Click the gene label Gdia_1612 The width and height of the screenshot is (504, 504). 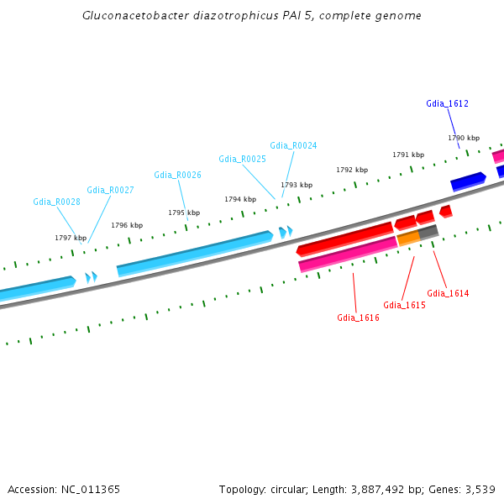tap(447, 103)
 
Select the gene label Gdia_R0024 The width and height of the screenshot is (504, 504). tap(293, 145)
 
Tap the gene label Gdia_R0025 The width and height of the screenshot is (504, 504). tap(242, 159)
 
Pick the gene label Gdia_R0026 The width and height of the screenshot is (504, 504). tap(177, 175)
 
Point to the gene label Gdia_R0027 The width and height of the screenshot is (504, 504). tap(110, 190)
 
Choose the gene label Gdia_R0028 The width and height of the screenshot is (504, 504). tap(56, 202)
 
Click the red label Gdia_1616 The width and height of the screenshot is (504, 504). tap(358, 318)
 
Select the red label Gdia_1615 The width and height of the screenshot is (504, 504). tap(404, 305)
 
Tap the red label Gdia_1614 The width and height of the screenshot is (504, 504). tap(448, 293)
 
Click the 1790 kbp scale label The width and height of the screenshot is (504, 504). tap(463, 138)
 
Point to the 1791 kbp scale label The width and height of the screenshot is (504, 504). tap(408, 155)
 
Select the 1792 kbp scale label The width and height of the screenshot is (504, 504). tap(352, 170)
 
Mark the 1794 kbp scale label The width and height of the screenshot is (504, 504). tap(239, 199)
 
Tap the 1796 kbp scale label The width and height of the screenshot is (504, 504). tap(127, 225)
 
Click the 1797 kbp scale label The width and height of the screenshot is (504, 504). tap(71, 238)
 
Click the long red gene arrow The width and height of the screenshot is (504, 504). tap(344, 239)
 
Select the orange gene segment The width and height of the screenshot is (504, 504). tap(408, 238)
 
